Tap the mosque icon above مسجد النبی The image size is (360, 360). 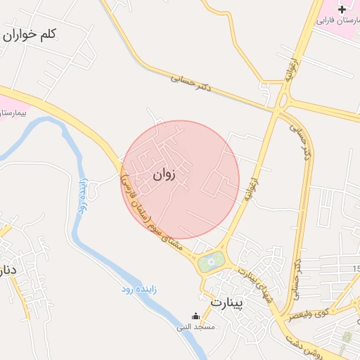tap(195, 317)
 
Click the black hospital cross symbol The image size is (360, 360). tap(342, 9)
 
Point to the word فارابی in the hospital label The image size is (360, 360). tap(326, 21)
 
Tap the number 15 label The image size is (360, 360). tap(355, 269)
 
